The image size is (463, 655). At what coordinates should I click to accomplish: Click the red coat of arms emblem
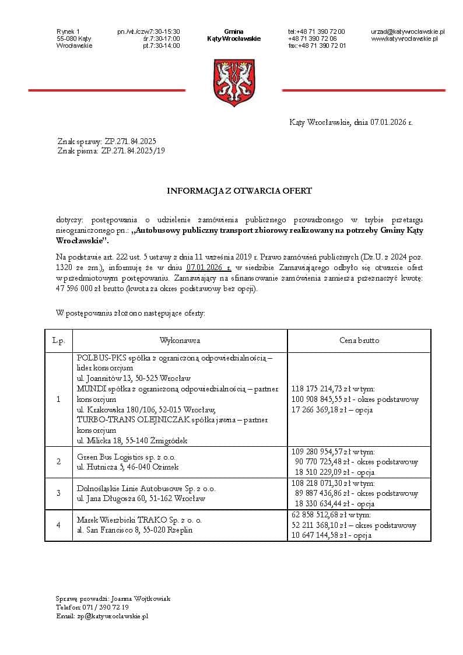coord(234,82)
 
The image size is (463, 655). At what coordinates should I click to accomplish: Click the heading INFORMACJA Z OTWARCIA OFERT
coord(240,191)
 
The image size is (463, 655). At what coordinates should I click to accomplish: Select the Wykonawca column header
coord(180,340)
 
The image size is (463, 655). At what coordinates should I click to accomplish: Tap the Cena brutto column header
coord(359,340)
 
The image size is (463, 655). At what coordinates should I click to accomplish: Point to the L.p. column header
coord(58,340)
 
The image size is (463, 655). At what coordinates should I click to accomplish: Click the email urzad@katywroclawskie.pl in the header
coord(408,31)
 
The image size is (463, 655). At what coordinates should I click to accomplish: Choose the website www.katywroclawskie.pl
coord(404,38)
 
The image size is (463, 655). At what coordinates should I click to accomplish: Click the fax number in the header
coord(317,45)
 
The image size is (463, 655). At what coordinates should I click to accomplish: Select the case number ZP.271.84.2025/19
coord(129,151)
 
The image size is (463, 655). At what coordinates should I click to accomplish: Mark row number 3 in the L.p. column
coord(58,493)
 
